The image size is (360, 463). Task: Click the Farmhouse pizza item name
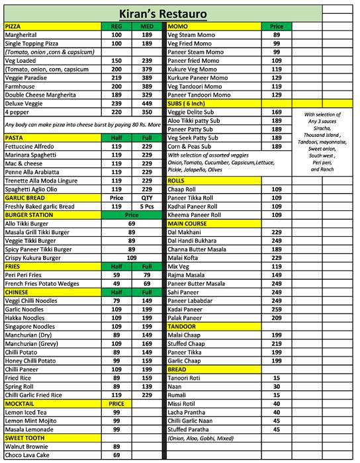click(21, 85)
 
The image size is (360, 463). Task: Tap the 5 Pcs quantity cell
click(146, 206)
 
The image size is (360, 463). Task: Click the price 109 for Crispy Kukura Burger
click(131, 257)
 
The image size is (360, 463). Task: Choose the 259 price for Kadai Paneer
click(277, 309)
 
